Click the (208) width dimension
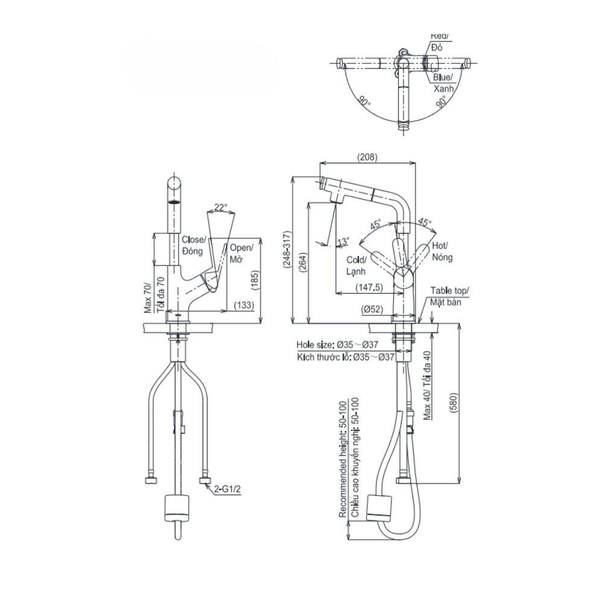pos(367,157)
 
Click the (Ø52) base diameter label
pos(373,309)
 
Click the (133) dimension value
pos(244,306)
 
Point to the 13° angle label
pos(343,242)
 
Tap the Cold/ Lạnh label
pos(357,265)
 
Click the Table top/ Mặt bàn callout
pos(448,296)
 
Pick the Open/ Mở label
pos(241,253)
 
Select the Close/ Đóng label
pos(194,245)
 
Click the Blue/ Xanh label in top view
pos(443,83)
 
